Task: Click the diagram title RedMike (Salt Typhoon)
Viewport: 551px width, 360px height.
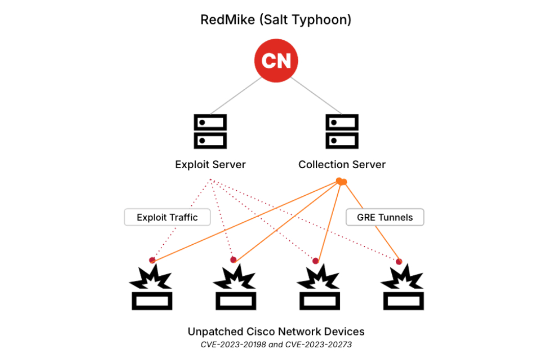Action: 276,20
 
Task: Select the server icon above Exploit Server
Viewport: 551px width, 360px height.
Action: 210,131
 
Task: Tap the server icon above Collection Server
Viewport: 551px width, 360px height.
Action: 342,131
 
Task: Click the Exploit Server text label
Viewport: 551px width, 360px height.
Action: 210,165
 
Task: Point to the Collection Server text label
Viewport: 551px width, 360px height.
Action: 342,165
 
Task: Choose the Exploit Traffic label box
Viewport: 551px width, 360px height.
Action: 167,217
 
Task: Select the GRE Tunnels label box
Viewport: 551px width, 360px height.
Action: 385,217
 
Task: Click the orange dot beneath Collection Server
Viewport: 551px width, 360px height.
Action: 341,181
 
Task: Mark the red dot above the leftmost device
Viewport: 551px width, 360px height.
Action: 152,260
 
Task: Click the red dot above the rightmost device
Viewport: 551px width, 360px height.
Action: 399,262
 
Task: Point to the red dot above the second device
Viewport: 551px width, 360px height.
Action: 233,260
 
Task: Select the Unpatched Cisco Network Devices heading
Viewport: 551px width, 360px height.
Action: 276,331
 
